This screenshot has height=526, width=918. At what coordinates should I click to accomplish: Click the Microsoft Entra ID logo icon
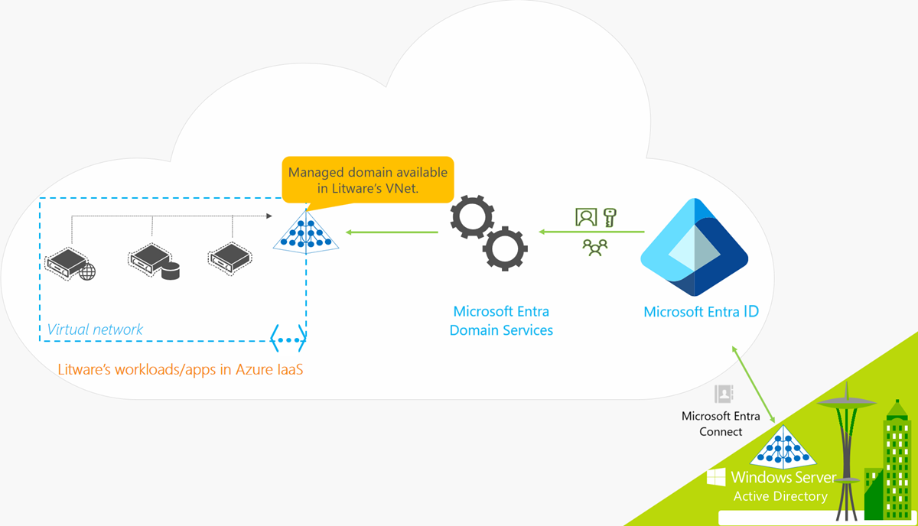click(693, 247)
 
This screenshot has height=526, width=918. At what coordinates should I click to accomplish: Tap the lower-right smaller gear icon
click(505, 248)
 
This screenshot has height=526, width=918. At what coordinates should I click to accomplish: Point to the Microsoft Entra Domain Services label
click(501, 321)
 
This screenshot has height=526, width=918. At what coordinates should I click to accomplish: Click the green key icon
click(610, 217)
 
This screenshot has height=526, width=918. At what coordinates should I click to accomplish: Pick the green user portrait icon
click(585, 217)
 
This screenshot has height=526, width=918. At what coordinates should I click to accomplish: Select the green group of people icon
click(594, 246)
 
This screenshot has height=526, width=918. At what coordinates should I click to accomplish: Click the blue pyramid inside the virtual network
click(306, 232)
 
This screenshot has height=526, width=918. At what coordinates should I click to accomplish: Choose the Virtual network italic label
click(95, 330)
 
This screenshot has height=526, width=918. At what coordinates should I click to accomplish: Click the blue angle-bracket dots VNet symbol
click(288, 336)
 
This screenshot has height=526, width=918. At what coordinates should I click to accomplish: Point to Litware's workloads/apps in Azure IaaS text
click(181, 370)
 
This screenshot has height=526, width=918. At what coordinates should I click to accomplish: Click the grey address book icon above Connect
click(723, 394)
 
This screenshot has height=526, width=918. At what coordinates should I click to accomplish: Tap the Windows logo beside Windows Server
click(716, 478)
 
